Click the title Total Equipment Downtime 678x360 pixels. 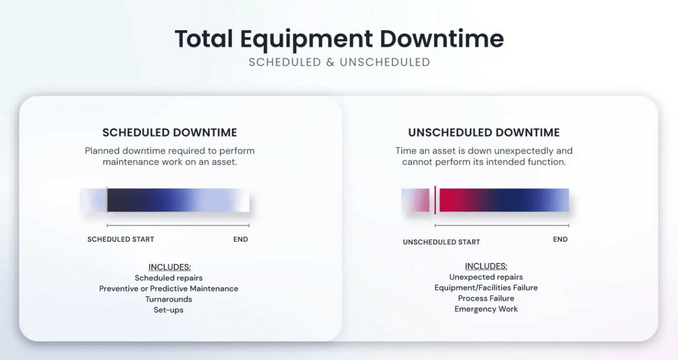click(340, 39)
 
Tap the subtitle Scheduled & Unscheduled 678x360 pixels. click(340, 62)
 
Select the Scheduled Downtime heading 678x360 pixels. click(169, 133)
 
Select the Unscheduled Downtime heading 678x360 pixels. click(484, 133)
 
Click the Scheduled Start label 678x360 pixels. click(121, 239)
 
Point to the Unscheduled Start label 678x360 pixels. click(441, 242)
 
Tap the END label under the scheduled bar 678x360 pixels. click(241, 239)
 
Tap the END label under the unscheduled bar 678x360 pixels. click(560, 239)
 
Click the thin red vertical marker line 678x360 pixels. click(435, 200)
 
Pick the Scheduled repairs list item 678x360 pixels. click(168, 278)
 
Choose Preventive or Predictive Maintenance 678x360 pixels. click(168, 289)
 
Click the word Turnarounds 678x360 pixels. click(168, 299)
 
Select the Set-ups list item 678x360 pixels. click(168, 310)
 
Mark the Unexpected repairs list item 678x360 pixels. click(486, 277)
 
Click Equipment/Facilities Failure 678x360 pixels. click(486, 288)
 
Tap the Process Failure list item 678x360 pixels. click(486, 298)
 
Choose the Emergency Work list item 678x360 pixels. click(486, 309)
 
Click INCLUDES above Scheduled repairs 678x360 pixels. click(169, 267)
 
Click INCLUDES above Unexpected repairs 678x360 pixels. click(486, 266)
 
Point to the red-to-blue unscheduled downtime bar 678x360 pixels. click(504, 200)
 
